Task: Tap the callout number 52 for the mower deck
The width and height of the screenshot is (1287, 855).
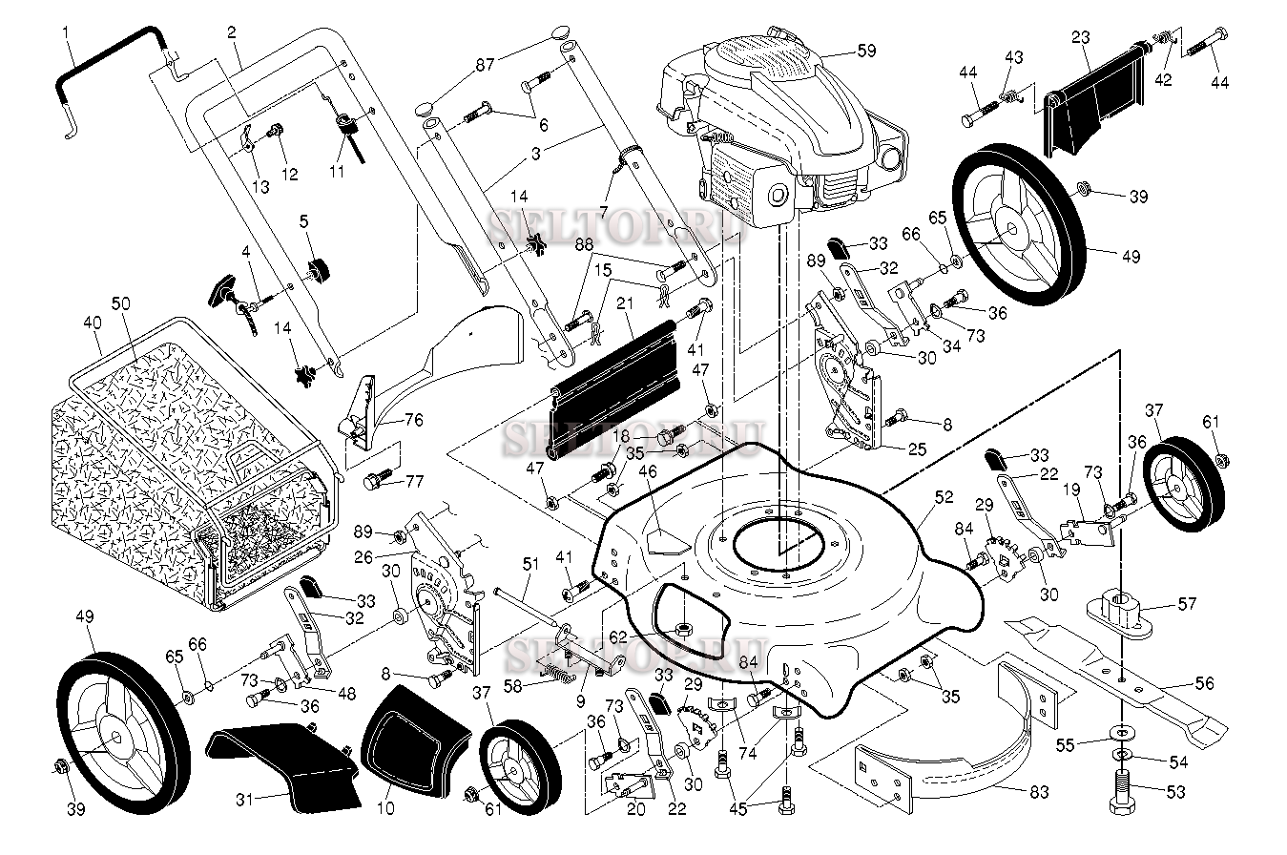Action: pos(944,497)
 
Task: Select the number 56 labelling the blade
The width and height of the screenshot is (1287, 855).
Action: pos(1204,683)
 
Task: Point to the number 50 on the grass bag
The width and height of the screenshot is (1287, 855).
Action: pos(120,303)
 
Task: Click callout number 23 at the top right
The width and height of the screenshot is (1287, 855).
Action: pos(1080,37)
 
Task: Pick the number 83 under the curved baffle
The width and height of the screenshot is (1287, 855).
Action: pos(1039,792)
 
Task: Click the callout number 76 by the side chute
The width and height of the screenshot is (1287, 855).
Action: pos(413,420)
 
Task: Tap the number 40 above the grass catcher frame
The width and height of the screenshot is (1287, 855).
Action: pos(92,323)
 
